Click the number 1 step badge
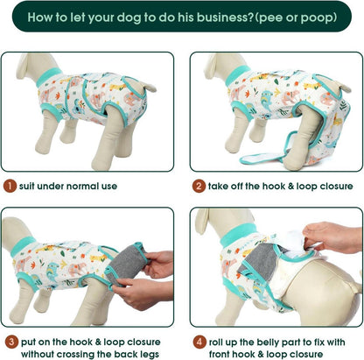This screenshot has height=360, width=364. point(10,186)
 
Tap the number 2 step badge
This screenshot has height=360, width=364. point(199,186)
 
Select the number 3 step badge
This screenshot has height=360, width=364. point(11,342)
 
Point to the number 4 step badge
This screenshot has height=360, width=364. point(199,342)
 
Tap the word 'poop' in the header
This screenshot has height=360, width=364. point(317,18)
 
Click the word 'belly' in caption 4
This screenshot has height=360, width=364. point(268,342)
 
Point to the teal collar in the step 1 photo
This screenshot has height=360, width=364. point(50,76)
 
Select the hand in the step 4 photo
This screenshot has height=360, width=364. point(332,237)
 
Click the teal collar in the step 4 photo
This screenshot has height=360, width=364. point(239,234)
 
